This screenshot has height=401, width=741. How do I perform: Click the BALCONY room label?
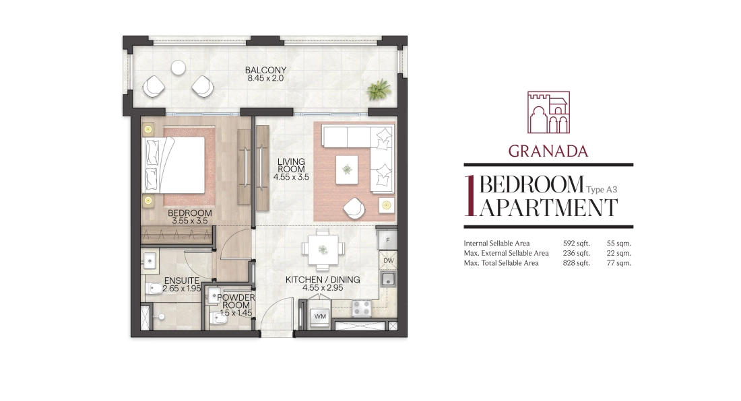pyautogui.click(x=265, y=70)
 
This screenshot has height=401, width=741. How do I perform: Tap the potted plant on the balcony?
pyautogui.click(x=379, y=89)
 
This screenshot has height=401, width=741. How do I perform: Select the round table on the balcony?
pyautogui.click(x=178, y=68)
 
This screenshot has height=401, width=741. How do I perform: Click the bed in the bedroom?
pyautogui.click(x=173, y=165)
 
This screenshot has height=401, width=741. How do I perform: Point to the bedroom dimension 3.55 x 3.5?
pyautogui.click(x=189, y=221)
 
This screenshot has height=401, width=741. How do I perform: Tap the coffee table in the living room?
pyautogui.click(x=347, y=170)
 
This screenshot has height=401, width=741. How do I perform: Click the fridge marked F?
pyautogui.click(x=387, y=240)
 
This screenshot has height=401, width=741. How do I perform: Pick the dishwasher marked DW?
pyautogui.click(x=388, y=260)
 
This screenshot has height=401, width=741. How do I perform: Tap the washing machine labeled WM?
pyautogui.click(x=320, y=316)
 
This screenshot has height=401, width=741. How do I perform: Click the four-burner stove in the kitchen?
pyautogui.click(x=362, y=309)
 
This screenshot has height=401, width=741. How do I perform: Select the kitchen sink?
pyautogui.click(x=388, y=280)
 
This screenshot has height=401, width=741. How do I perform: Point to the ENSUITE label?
pyautogui.click(x=182, y=281)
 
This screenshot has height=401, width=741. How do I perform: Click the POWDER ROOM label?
pyautogui.click(x=236, y=301)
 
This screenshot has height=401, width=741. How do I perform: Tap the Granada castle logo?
pyautogui.click(x=548, y=112)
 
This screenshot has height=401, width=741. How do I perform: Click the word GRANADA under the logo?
pyautogui.click(x=548, y=151)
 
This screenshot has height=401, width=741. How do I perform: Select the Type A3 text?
pyautogui.click(x=602, y=190)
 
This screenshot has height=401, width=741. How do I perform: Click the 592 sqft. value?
pyautogui.click(x=576, y=244)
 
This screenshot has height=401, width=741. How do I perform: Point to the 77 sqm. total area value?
pyautogui.click(x=618, y=263)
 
